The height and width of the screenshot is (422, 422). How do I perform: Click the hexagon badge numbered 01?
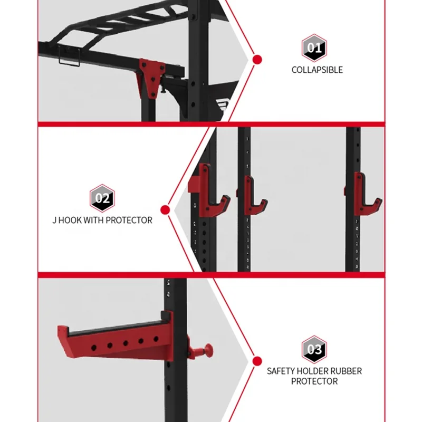tap(314, 49)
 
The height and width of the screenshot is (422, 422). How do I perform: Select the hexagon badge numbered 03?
tap(314, 349)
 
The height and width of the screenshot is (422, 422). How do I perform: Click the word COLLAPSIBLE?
tap(317, 70)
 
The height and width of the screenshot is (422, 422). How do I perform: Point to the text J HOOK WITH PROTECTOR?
tap(102, 220)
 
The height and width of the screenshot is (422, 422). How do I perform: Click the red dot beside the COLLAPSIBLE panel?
tap(257, 60)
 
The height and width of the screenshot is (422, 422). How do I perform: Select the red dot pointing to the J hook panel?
tap(165, 210)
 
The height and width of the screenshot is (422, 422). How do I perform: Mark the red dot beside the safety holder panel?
tap(257, 361)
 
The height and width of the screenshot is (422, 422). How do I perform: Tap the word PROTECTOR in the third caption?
tap(314, 381)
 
